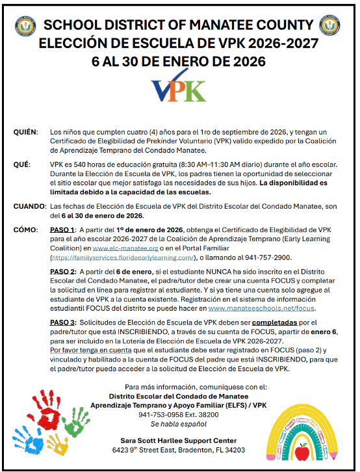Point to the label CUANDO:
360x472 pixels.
(29, 207)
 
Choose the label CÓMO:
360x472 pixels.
(25, 230)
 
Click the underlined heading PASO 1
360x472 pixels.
(63, 230)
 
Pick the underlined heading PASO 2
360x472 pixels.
(63, 270)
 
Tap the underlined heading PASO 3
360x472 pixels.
(63, 323)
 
